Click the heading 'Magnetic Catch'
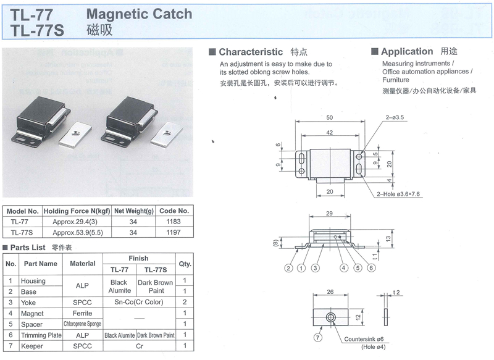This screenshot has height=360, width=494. pyautogui.click(x=139, y=14)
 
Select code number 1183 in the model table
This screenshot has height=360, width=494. pyautogui.click(x=174, y=221)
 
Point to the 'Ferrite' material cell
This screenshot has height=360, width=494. pyautogui.click(x=83, y=313)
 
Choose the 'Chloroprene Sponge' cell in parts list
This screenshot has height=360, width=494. pyautogui.click(x=82, y=324)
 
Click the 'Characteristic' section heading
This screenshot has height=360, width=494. pyautogui.click(x=250, y=52)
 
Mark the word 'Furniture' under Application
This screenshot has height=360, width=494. pyautogui.click(x=395, y=80)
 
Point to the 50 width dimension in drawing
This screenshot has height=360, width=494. pyautogui.click(x=329, y=117)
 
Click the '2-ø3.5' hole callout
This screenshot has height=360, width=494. pyautogui.click(x=395, y=117)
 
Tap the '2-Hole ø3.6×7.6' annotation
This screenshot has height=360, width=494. pyautogui.click(x=400, y=194)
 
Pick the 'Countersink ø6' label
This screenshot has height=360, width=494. pyautogui.click(x=364, y=339)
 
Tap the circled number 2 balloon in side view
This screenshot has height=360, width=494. pyautogui.click(x=288, y=268)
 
